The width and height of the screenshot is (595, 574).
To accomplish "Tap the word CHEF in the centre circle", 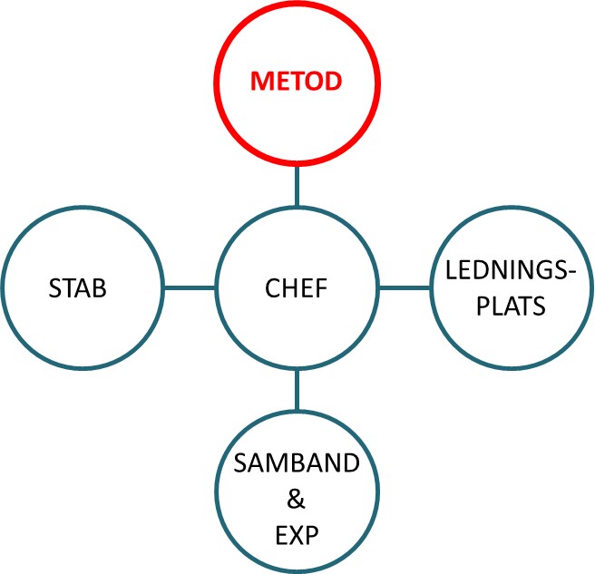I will coord(297,289).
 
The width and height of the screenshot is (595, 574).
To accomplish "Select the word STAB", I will coord(77,289).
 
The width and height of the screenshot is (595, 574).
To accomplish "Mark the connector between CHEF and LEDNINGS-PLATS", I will coord(405,289).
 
